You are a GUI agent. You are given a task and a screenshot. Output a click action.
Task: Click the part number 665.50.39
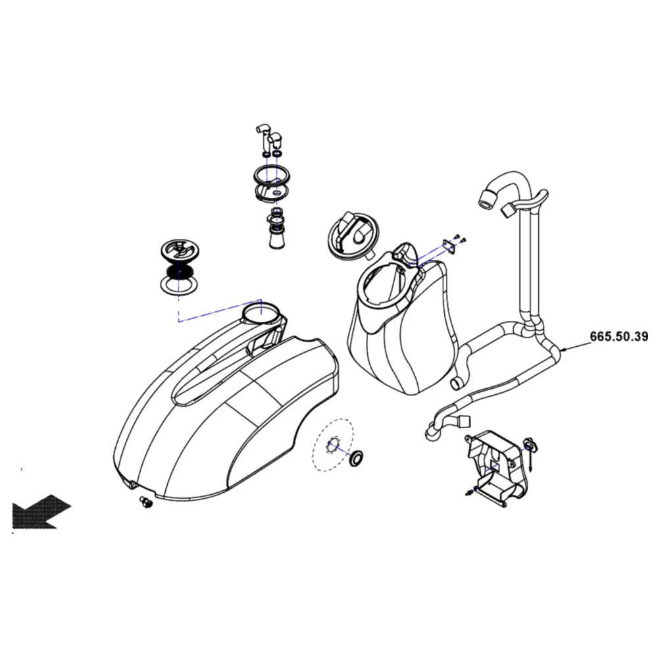(x=619, y=336)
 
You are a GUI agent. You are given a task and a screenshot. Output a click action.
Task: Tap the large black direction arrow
(x=39, y=511)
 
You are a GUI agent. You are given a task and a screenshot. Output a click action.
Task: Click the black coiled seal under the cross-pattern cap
(x=180, y=270)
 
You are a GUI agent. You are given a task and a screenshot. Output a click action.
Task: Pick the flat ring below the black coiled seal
(x=180, y=285)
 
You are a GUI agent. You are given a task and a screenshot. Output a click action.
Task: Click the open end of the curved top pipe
(x=488, y=197)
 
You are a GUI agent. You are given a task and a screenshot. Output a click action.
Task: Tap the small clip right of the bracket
(x=529, y=447)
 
